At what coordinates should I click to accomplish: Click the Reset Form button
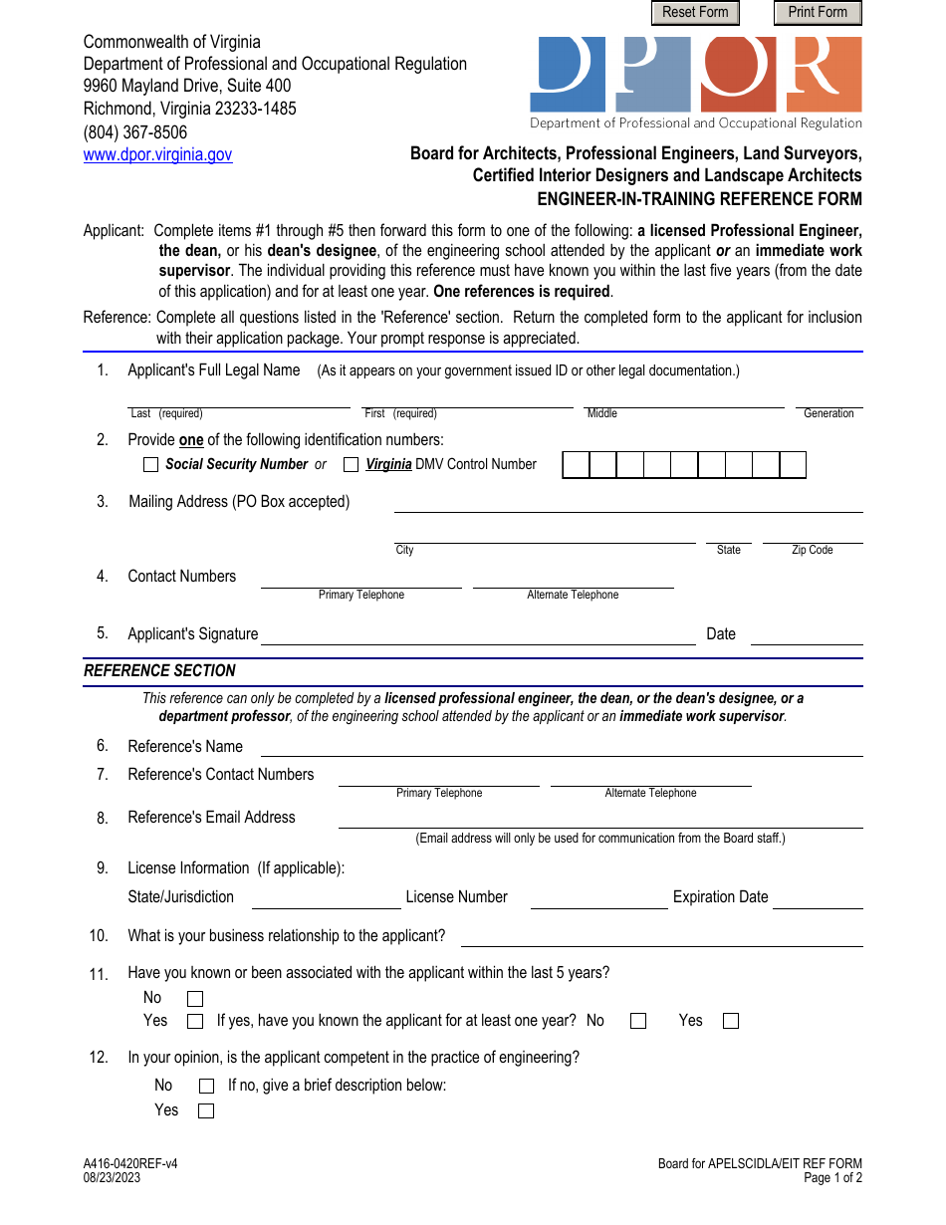[695, 13]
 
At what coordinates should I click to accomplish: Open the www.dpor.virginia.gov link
[157, 155]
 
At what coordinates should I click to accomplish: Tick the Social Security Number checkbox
[151, 465]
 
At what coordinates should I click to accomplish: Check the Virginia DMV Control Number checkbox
[352, 465]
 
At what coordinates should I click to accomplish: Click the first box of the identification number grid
[577, 465]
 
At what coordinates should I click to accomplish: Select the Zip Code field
[813, 536]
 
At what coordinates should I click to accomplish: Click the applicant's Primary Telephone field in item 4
[361, 581]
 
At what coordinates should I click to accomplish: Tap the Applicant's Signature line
[478, 636]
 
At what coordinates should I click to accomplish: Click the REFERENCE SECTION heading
[160, 671]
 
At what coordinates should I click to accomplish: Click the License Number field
[598, 899]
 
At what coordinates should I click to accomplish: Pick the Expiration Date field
[818, 899]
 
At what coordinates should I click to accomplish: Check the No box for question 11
[195, 999]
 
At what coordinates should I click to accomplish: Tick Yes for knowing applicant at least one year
[731, 1021]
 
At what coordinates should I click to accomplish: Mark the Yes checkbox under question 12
[206, 1111]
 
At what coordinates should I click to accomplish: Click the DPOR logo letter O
[739, 74]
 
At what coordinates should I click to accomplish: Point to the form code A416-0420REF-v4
[131, 1163]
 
